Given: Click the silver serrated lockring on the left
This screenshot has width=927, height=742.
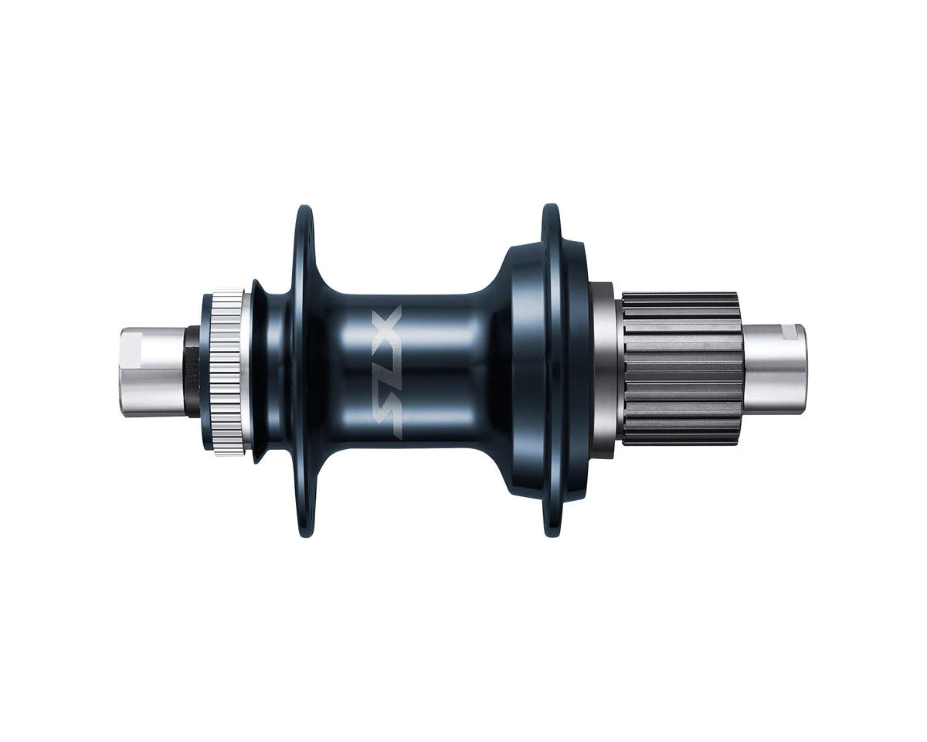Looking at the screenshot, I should (x=229, y=372).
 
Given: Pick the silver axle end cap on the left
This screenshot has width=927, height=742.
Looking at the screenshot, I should (x=151, y=372).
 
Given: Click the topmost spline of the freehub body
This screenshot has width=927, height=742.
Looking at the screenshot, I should (x=680, y=297).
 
